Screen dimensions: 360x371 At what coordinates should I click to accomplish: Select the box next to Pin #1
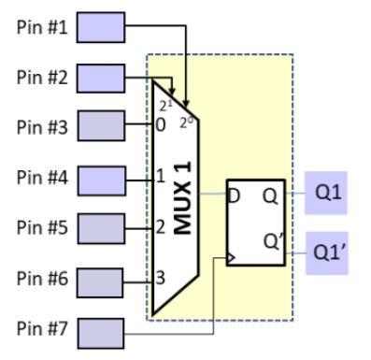click(x=100, y=27)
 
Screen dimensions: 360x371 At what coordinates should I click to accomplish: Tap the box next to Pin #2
click(x=100, y=78)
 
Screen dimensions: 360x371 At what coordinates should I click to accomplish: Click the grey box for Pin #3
click(x=100, y=125)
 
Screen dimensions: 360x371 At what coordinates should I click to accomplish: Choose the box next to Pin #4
click(x=100, y=177)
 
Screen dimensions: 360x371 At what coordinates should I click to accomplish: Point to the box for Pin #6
click(x=100, y=280)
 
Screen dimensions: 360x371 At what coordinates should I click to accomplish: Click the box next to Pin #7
click(x=100, y=330)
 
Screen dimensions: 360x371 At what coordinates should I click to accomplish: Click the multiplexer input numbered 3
click(x=161, y=278)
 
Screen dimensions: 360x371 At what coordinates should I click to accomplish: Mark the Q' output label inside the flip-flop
click(x=272, y=239)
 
